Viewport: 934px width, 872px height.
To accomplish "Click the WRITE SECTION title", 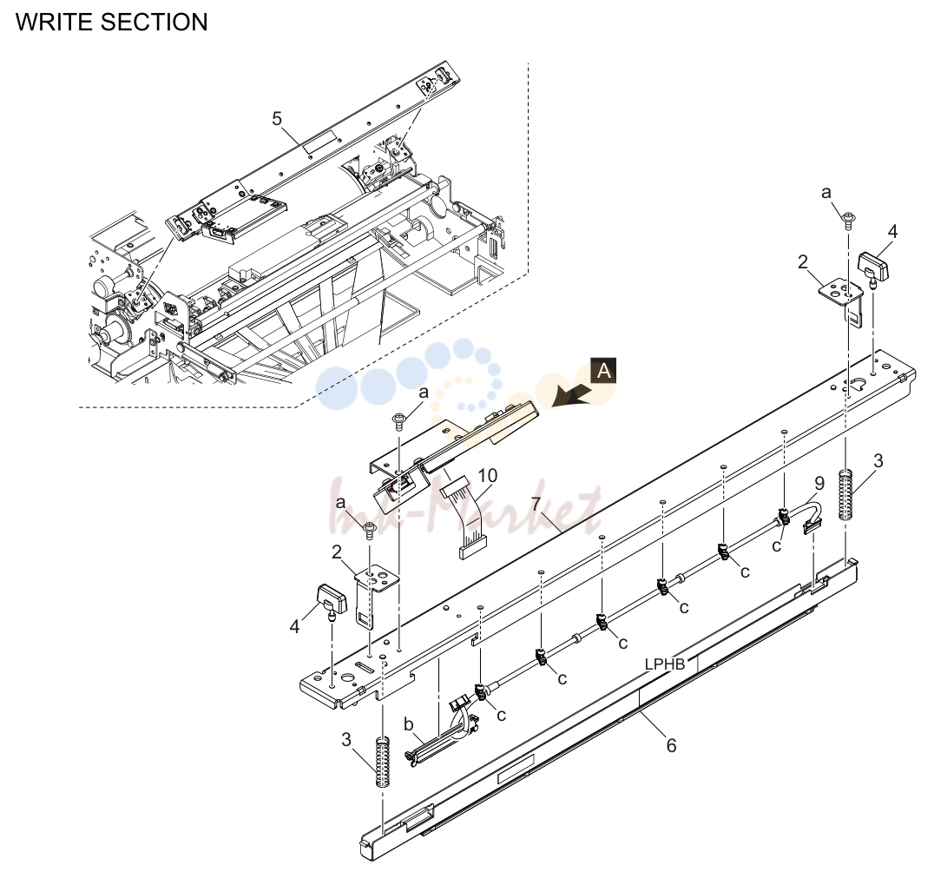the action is point(111,22).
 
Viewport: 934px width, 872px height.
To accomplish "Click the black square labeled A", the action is point(603,371).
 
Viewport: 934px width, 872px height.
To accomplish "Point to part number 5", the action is point(277,118).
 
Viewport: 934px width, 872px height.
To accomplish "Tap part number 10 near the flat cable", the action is point(487,476).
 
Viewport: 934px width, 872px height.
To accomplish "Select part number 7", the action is point(536,504).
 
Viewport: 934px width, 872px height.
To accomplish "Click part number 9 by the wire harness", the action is point(819,483).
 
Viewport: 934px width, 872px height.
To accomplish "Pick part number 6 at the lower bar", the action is point(671,745).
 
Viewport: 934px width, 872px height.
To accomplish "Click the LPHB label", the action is point(665,664).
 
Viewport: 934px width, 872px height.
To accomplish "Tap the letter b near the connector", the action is point(409,724).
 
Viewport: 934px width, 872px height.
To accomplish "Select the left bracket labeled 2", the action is point(373,592).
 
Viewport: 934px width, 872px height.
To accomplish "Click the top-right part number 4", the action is point(892,231).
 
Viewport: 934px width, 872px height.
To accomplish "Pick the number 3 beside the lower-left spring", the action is point(346,740).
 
